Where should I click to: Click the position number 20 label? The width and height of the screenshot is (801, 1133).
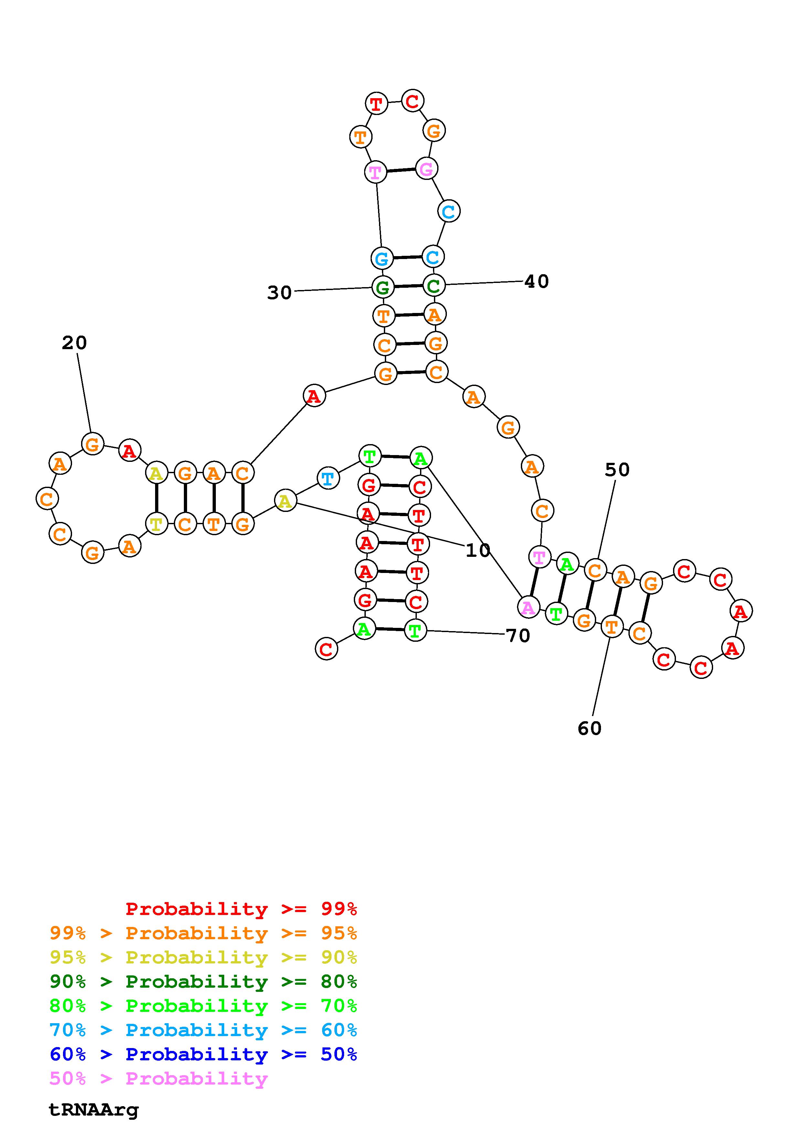75,342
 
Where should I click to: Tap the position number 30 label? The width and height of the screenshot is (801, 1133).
279,293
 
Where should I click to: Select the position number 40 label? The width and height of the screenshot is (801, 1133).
536,281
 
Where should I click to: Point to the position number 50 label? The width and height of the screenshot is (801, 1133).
617,470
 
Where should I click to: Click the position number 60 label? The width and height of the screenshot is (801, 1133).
590,728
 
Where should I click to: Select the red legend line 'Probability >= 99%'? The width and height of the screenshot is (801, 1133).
241,909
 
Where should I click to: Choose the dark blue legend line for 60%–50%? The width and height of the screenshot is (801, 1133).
203,1054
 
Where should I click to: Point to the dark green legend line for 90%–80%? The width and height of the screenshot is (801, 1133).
203,982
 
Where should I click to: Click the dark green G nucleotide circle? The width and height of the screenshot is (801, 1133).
383,287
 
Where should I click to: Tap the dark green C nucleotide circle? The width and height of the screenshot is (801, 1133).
434,285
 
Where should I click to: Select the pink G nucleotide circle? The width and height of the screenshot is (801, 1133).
426,169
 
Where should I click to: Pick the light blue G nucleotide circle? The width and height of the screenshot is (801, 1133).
382,258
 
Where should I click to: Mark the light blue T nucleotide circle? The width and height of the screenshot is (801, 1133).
328,478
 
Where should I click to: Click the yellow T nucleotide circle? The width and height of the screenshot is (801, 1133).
156,523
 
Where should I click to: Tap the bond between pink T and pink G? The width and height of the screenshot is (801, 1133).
401,170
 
